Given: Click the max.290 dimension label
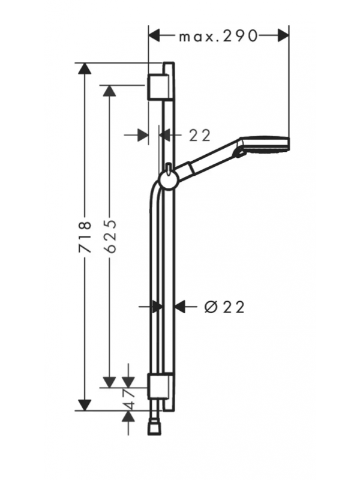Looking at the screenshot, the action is (218, 37).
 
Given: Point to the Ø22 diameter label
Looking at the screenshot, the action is (224, 307).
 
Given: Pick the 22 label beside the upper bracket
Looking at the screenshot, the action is (200, 136).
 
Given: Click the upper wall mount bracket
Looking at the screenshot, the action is (158, 86).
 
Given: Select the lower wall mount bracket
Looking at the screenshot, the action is (158, 386).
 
